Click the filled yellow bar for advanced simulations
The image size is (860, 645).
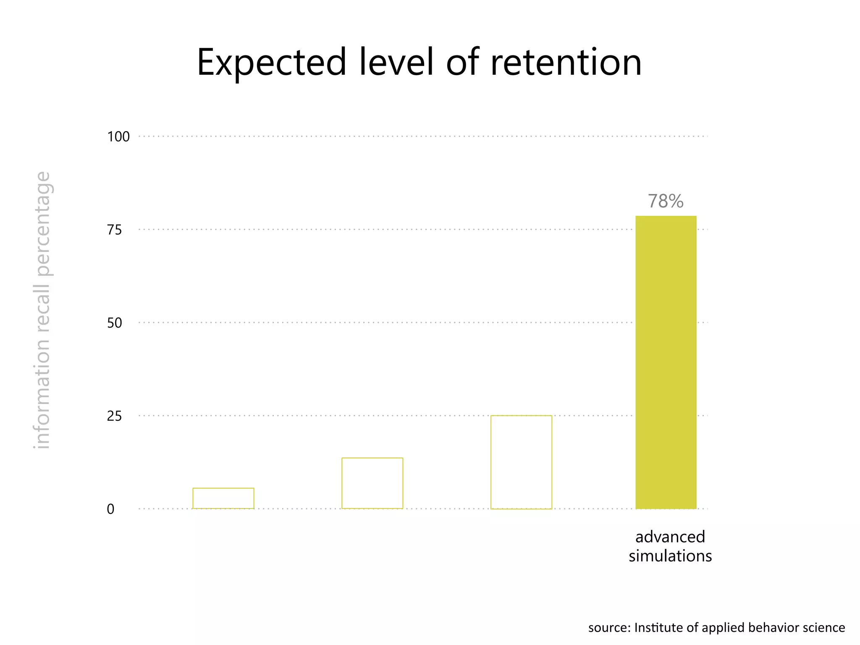coord(666,362)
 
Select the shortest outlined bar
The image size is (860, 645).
coord(223,498)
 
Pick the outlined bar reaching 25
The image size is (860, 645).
coord(521,462)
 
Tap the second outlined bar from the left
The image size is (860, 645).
coord(372,483)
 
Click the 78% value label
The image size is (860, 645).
coord(665,201)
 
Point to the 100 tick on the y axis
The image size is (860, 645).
coord(118,136)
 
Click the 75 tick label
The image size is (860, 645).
coord(114,230)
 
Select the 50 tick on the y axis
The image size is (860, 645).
coord(114,323)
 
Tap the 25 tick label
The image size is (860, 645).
coord(114,416)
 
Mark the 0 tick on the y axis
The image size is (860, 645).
coord(110,509)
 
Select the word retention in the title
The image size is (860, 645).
coord(566,63)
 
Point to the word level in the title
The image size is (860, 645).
coord(396,63)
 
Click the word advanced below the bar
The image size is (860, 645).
coord(670,537)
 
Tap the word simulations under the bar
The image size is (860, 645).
coord(670,556)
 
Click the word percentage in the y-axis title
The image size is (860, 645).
coord(43,224)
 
